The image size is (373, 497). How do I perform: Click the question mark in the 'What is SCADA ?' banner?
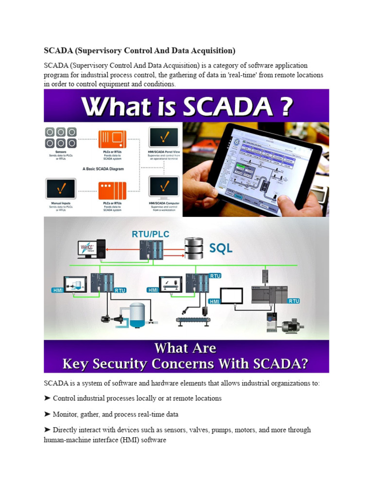283,107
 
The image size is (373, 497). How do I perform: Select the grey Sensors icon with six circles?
61,138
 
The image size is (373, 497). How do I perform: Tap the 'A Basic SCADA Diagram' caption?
103,169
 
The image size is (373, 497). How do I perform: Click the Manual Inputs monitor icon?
61,189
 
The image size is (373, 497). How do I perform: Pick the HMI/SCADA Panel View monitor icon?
163,138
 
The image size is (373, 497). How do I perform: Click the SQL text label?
220,248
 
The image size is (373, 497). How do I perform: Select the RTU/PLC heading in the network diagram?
151,234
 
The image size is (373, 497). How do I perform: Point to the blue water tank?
137,313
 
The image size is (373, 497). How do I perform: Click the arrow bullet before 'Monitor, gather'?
47,414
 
